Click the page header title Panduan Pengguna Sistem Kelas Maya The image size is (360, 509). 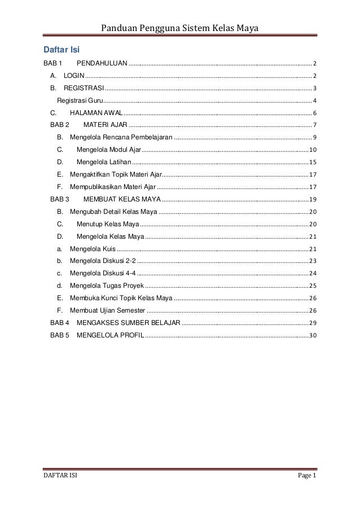click(x=179, y=29)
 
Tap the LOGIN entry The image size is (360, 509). click(x=74, y=75)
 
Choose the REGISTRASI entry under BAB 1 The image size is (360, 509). click(x=84, y=87)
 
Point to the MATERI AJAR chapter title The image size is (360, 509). click(x=105, y=125)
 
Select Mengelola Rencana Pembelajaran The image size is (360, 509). click(x=121, y=137)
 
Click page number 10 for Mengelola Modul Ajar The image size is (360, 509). click(x=313, y=150)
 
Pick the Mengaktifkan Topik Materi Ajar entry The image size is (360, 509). click(x=116, y=174)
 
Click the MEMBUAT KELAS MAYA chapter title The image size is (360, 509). click(x=122, y=199)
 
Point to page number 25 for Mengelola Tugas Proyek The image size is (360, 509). click(x=313, y=286)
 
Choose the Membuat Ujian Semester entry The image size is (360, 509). click(x=107, y=311)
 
